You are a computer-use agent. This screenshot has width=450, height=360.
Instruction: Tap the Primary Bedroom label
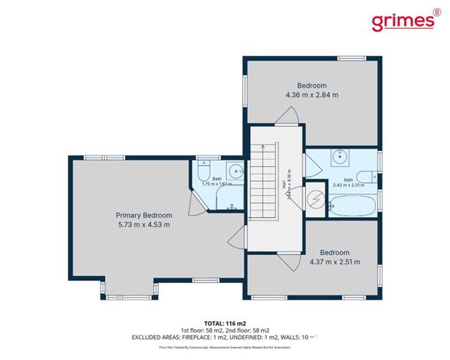(144, 215)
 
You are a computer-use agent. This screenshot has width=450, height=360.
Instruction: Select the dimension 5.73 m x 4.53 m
(144, 225)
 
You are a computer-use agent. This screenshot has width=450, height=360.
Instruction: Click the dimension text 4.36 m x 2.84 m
(311, 94)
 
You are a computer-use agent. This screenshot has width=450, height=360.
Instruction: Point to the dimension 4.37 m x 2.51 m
(335, 262)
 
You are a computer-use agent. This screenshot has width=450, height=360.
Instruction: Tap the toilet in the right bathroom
(366, 175)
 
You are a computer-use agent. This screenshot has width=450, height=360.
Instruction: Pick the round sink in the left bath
(234, 172)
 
